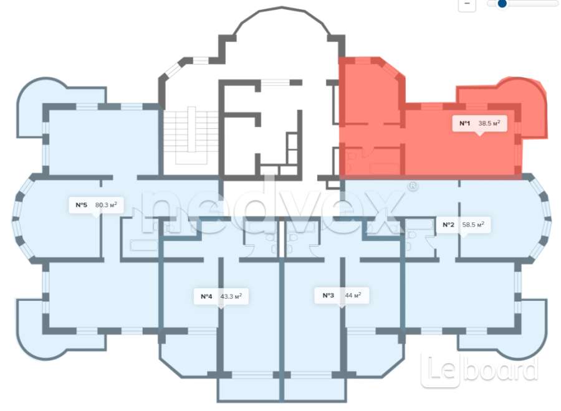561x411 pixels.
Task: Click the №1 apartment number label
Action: click(464, 124)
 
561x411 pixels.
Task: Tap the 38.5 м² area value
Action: click(489, 123)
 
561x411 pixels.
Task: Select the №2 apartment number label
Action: click(448, 225)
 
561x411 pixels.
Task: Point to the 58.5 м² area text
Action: click(473, 224)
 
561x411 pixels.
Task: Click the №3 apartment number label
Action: click(328, 296)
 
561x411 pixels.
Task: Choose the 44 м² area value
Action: click(353, 295)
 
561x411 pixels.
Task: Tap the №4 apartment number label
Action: click(206, 296)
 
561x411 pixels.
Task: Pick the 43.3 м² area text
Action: click(231, 296)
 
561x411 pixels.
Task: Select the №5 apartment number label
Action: click(81, 205)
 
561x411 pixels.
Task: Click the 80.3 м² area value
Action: click(106, 205)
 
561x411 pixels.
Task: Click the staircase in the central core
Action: click(191, 137)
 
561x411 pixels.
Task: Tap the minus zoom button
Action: click(467, 4)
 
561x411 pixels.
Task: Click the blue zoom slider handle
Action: click(502, 3)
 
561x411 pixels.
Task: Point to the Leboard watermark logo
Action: click(479, 371)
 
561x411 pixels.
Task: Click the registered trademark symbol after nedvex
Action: click(413, 186)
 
